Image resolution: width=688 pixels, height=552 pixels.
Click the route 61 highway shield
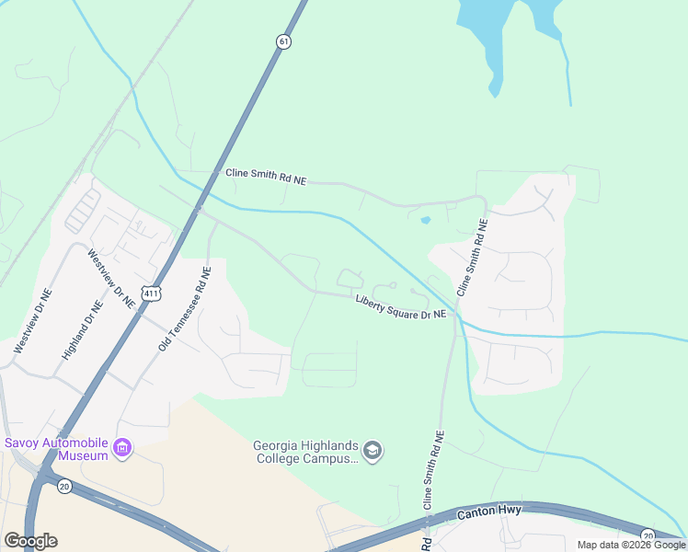(x=282, y=41)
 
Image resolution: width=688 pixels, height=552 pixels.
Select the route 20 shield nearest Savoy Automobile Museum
(x=63, y=487)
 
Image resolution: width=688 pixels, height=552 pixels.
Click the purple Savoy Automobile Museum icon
(x=122, y=449)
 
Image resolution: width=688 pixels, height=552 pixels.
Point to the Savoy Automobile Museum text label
(x=57, y=448)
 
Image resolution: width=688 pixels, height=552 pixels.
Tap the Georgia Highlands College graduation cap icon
(x=373, y=451)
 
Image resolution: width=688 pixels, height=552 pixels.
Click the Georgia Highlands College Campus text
(x=304, y=452)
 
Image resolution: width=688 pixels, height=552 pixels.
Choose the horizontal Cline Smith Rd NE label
(x=265, y=177)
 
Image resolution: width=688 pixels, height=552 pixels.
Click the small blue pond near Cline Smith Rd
(x=425, y=220)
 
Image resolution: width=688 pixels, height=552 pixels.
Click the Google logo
(x=30, y=541)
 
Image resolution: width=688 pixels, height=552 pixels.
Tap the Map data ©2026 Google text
(x=631, y=545)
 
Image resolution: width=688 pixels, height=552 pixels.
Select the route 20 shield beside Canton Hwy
(x=648, y=535)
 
